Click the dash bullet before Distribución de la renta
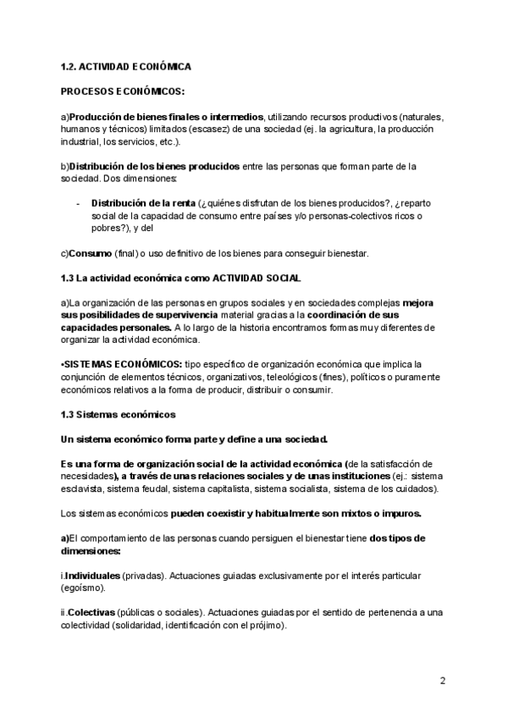tap(78, 203)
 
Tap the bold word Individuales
tap(92, 576)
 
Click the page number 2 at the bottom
tap(443, 681)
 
